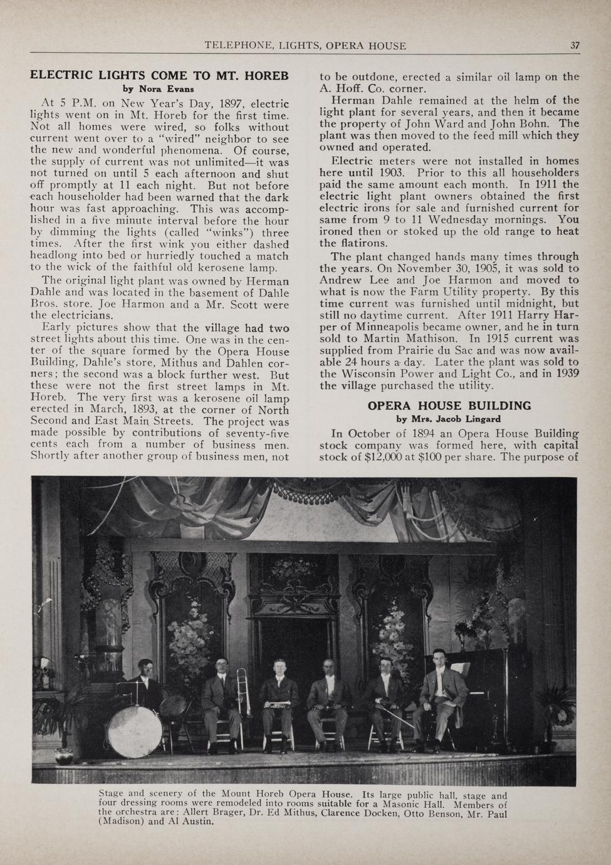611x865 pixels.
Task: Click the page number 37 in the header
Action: pyautogui.click(x=575, y=45)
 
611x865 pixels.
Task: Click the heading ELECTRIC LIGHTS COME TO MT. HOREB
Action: pyautogui.click(x=159, y=76)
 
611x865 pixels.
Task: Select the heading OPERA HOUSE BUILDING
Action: pyautogui.click(x=449, y=406)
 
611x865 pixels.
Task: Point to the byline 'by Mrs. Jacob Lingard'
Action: pyautogui.click(x=449, y=419)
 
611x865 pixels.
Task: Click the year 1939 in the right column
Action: pyautogui.click(x=567, y=374)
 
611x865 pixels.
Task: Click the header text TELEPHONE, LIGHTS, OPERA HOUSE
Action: pyautogui.click(x=305, y=45)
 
